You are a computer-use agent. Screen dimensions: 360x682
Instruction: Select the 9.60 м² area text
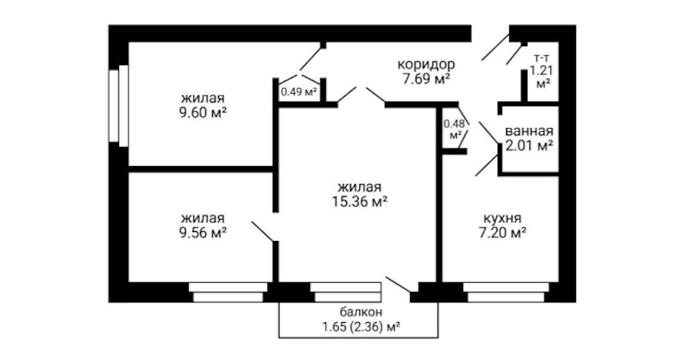coord(202,111)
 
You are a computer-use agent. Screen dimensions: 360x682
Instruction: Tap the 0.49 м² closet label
coord(298,92)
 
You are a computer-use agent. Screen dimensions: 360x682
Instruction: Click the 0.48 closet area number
coord(453,124)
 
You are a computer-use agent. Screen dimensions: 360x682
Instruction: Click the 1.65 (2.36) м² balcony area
coord(361,327)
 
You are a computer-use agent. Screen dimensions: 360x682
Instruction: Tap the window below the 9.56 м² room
coord(227,292)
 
